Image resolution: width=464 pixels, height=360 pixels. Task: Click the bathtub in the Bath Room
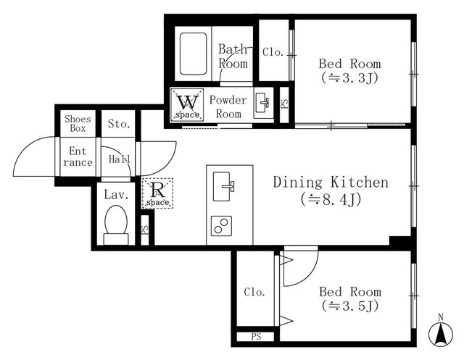[x=193, y=54]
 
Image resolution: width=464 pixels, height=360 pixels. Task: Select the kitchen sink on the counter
[x=223, y=186]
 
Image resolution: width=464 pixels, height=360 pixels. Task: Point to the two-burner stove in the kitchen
[x=221, y=226]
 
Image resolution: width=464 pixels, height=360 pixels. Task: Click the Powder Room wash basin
[x=262, y=102]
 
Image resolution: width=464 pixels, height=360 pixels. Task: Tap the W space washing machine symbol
[x=187, y=104]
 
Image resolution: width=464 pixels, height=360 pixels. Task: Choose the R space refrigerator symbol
[x=157, y=193]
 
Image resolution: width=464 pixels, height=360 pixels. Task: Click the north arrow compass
[x=441, y=332]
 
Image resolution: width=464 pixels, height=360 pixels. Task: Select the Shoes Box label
[x=78, y=124]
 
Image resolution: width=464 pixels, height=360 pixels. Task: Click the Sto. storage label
[x=119, y=124]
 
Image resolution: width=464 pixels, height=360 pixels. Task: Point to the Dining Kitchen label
[x=331, y=182]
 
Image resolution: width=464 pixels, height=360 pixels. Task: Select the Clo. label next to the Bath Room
[x=273, y=52]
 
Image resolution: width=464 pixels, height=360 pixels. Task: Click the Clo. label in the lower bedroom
[x=254, y=292]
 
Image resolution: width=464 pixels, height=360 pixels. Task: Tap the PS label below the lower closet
[x=256, y=336]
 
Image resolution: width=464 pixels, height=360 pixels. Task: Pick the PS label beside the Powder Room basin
[x=284, y=104]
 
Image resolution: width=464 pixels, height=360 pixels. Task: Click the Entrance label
[x=78, y=156]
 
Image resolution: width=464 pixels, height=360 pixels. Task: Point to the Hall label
[x=119, y=159]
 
